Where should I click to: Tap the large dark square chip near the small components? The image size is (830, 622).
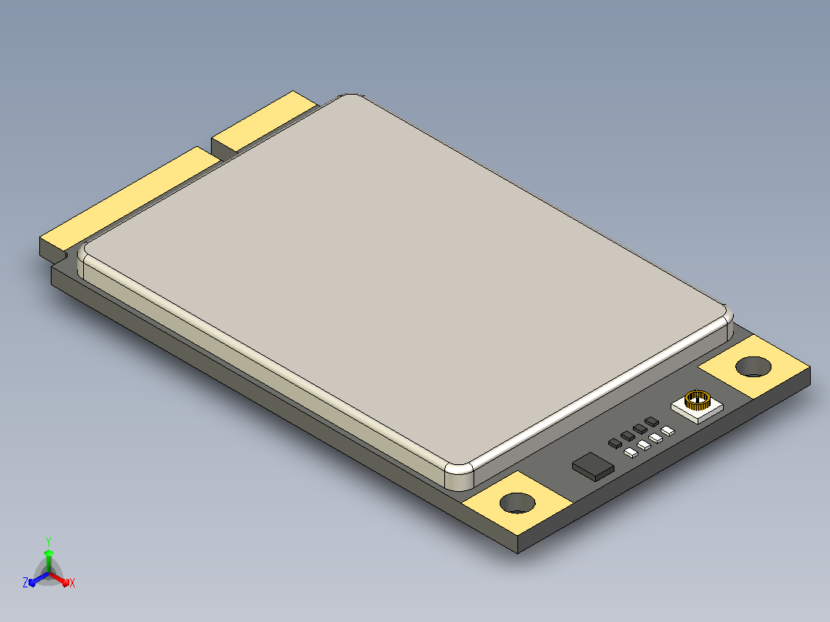[x=593, y=466]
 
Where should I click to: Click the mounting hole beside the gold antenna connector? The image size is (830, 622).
[x=753, y=367]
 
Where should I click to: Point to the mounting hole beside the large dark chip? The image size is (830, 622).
[x=517, y=503]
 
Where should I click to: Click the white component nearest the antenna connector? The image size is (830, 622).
[x=668, y=431]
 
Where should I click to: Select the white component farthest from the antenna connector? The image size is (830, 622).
[x=631, y=453]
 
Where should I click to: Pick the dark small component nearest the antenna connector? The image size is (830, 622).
[x=651, y=421]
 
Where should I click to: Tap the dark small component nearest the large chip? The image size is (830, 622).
[x=615, y=443]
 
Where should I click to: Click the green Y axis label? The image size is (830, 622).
[x=49, y=541]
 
